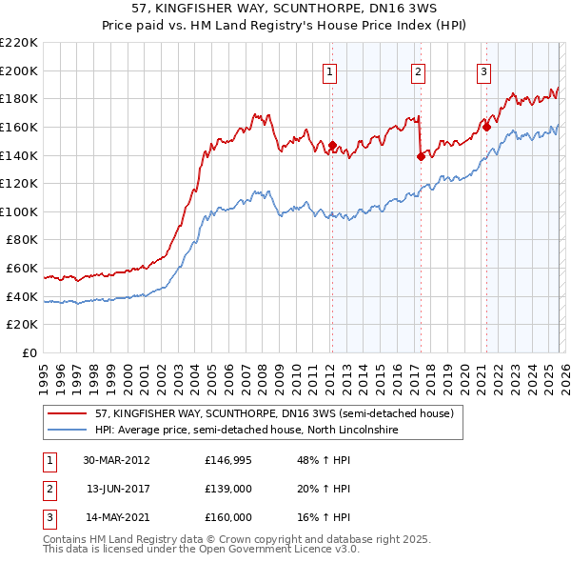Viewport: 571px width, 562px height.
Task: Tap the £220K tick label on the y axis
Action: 19,43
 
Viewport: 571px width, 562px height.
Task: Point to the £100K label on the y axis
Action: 19,211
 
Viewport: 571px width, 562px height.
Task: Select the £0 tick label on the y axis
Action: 30,352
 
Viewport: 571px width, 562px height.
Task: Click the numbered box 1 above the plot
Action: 329,70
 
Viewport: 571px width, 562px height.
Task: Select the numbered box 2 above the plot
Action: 418,70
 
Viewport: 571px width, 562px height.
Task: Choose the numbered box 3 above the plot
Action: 483,70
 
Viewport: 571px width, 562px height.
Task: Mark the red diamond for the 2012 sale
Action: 333,146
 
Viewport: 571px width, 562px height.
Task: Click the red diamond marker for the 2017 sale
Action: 421,157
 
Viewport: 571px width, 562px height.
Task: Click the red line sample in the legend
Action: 69,414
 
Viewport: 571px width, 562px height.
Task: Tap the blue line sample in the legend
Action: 69,430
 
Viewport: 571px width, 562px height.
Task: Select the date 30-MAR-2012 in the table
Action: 116,460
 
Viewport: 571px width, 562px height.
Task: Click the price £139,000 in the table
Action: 228,489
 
